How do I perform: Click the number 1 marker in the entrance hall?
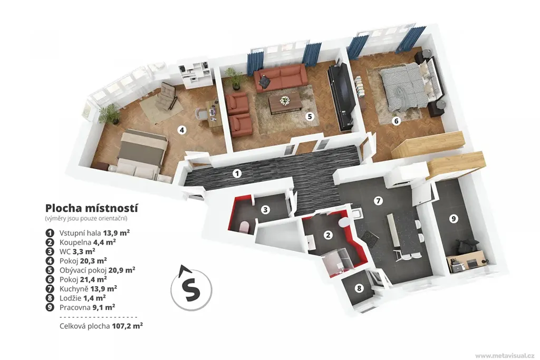(237, 173)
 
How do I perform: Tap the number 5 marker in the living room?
(310, 116)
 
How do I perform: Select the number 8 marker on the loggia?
(359, 288)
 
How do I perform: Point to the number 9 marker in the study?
(454, 218)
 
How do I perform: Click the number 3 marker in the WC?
(265, 209)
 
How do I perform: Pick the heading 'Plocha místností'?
(92, 208)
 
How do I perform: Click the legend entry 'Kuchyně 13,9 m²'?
(88, 288)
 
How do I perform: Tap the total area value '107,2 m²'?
(127, 326)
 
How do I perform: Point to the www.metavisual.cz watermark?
(505, 355)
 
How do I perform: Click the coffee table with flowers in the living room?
(285, 103)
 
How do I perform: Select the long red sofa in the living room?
(280, 77)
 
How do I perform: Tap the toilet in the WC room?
(244, 227)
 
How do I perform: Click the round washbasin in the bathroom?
(344, 222)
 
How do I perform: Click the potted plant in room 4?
(110, 113)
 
